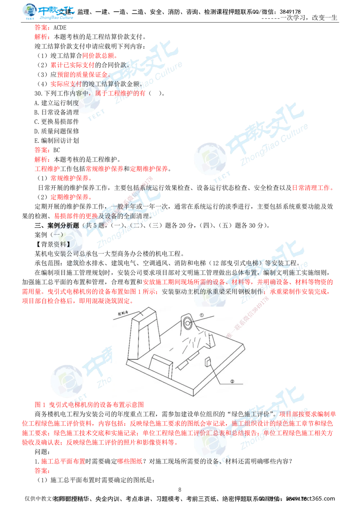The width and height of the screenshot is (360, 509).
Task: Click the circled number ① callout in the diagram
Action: [201, 315]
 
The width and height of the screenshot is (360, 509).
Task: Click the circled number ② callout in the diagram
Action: [231, 381]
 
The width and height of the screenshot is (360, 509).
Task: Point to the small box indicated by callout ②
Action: [208, 362]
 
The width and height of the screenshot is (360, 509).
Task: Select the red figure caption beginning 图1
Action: [89, 405]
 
